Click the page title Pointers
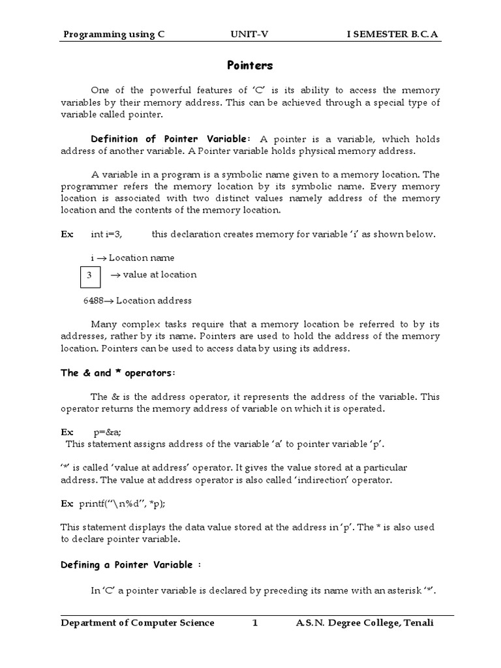click(250, 65)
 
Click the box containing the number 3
click(90, 275)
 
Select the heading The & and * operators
click(118, 373)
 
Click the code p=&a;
click(108, 432)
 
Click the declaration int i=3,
click(107, 234)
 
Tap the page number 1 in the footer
click(256, 623)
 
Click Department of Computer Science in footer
click(138, 623)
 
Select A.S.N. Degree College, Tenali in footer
click(364, 623)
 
